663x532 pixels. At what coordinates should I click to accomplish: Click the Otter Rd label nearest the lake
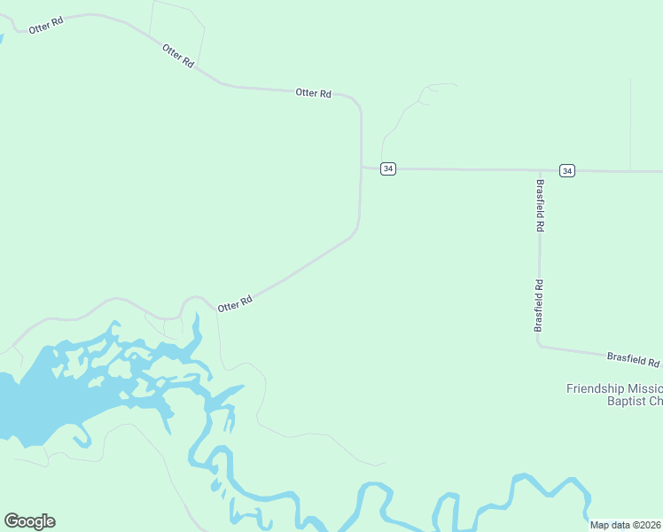235,303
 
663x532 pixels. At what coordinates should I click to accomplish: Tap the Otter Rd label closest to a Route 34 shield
313,92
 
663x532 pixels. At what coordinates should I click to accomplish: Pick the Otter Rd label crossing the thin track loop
178,56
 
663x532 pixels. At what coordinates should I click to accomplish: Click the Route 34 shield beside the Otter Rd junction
388,168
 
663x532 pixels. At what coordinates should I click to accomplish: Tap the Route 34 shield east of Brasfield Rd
567,170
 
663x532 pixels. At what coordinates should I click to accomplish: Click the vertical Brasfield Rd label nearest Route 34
540,206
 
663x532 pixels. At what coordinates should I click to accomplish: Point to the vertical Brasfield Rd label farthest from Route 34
538,306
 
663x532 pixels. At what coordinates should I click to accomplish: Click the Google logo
29,521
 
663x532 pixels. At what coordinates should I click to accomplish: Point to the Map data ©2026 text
626,525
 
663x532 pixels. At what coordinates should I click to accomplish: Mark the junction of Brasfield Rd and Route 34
540,169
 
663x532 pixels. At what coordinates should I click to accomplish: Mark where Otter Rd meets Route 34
362,167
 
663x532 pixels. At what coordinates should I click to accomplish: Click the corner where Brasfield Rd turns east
539,346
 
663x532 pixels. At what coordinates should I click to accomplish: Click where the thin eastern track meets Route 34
630,170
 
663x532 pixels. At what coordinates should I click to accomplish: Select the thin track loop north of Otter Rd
177,27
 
